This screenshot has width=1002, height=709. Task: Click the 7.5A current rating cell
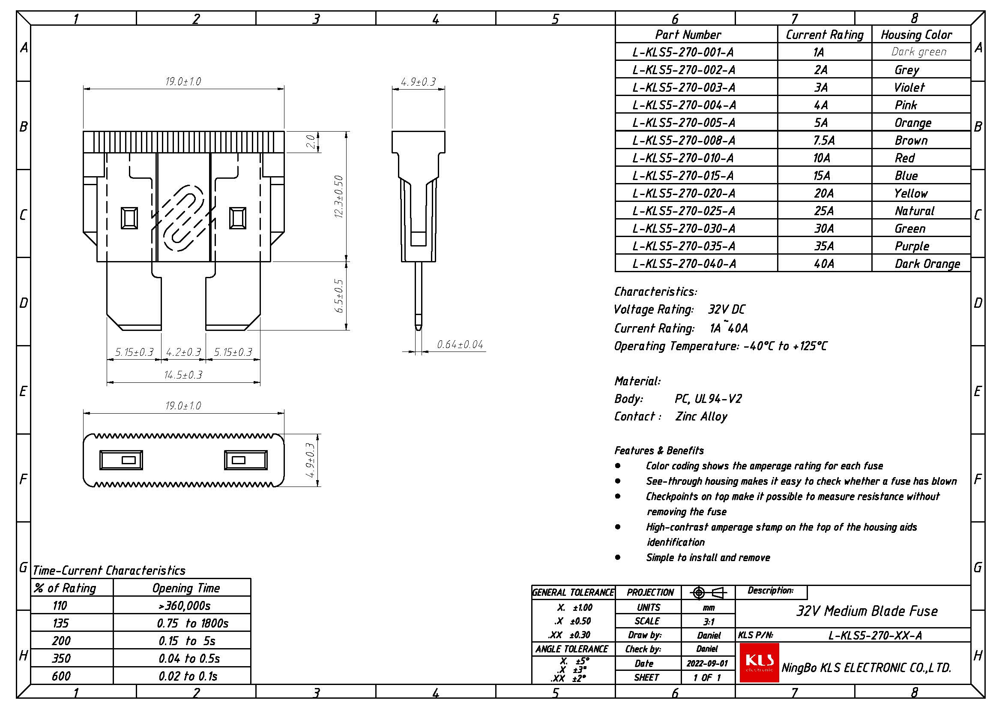tap(824, 141)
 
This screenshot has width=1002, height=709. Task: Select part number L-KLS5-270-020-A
tap(683, 193)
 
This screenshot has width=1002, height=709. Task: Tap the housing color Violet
tap(909, 88)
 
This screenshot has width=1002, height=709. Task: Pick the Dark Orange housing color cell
tap(927, 264)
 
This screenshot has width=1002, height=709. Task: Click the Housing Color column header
tap(916, 35)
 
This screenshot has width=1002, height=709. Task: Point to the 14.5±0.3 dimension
tap(183, 375)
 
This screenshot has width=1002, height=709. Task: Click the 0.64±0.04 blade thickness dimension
tap(460, 345)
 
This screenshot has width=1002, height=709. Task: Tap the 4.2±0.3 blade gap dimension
tap(183, 352)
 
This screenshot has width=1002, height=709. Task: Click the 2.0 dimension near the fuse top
tap(311, 141)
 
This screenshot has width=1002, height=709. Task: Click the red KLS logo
tap(759, 662)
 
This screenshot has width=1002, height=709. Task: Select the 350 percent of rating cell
tap(61, 658)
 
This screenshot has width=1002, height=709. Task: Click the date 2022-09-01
tap(707, 664)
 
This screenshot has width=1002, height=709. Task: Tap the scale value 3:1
tap(708, 621)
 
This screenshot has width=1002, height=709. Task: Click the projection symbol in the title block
tap(708, 593)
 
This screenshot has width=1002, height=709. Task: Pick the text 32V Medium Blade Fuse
tap(867, 611)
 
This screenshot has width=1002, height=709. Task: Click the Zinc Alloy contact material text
tap(701, 417)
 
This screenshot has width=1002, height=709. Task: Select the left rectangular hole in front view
tap(129, 218)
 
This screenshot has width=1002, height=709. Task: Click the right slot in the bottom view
tap(245, 460)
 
